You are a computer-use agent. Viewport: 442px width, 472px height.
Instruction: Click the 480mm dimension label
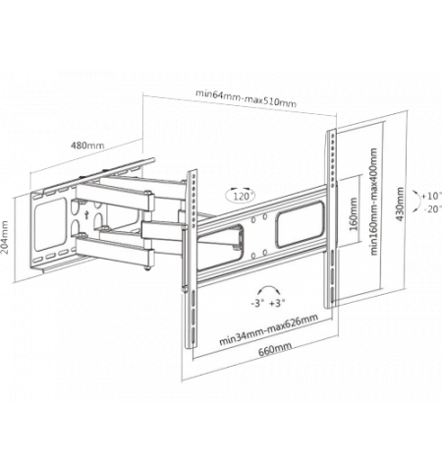click(87, 145)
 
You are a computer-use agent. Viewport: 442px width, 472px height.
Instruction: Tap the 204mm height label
click(5, 237)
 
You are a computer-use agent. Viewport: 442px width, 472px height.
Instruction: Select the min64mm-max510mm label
click(246, 97)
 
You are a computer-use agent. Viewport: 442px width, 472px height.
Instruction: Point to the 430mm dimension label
click(400, 204)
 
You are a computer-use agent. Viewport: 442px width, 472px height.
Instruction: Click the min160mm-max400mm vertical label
click(374, 202)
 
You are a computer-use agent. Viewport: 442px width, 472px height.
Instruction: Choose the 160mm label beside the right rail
click(354, 214)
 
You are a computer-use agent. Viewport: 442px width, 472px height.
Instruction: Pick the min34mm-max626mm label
click(268, 329)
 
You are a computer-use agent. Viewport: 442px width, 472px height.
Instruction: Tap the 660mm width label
click(275, 350)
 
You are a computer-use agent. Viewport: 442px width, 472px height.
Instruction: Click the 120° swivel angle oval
click(241, 196)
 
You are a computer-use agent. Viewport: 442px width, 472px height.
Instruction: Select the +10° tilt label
click(431, 196)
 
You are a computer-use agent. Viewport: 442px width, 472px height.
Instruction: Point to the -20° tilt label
click(432, 208)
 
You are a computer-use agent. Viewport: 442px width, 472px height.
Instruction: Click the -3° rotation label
click(257, 303)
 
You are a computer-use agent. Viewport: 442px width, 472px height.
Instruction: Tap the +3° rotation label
click(277, 303)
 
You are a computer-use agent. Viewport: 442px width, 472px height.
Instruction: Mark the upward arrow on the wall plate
click(86, 214)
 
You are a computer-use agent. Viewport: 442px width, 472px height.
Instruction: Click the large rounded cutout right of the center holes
click(300, 224)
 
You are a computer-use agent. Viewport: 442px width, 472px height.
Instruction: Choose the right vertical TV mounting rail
click(331, 218)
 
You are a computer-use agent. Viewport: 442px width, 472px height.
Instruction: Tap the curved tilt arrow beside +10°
click(418, 201)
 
